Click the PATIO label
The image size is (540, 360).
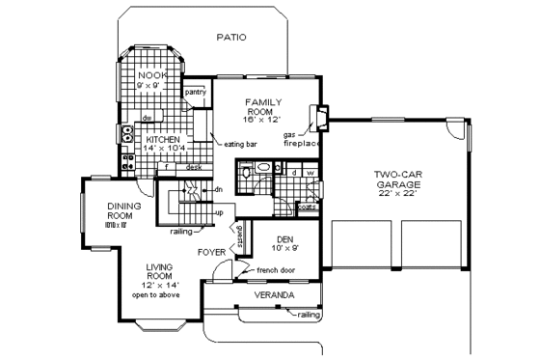230,38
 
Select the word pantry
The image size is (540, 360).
197,94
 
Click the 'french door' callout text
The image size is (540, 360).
275,270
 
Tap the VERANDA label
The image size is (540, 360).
274,293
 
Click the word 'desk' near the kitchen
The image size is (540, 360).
194,167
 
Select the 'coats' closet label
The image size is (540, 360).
308,205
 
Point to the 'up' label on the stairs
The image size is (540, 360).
219,211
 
